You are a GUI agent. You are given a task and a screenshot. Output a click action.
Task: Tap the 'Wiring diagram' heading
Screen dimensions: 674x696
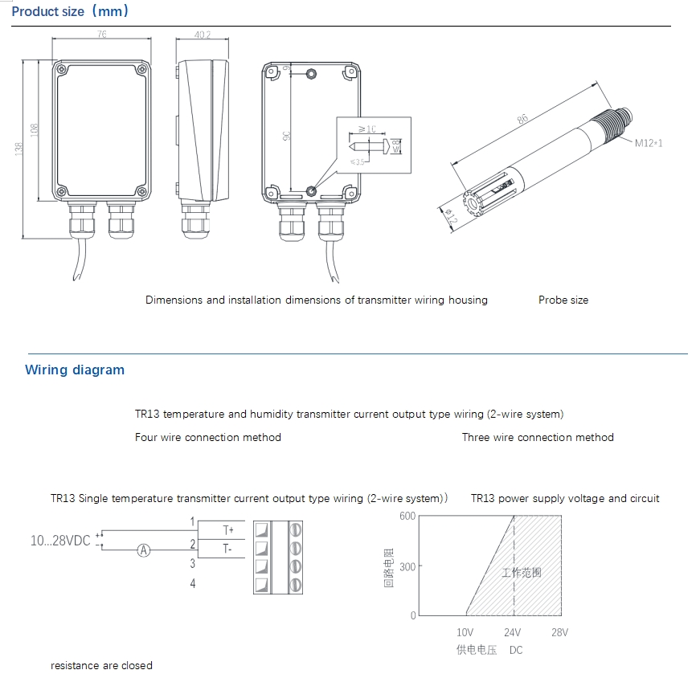click(75, 370)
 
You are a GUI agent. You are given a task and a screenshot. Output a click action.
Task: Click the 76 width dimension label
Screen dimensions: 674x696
click(102, 35)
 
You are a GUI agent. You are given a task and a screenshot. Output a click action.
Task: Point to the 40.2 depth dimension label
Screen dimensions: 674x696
click(203, 35)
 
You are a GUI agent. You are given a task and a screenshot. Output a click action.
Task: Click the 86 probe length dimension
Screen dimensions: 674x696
click(523, 120)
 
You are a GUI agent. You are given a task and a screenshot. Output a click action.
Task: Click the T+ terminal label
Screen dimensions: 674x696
click(227, 530)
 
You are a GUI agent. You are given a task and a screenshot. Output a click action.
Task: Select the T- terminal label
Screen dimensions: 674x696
click(227, 549)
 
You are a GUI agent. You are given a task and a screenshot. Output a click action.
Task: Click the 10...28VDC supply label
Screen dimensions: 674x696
click(60, 541)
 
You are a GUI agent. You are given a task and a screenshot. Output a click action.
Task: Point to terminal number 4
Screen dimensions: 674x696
click(193, 583)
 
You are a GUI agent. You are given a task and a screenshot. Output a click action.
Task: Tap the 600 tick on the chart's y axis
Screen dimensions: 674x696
click(407, 516)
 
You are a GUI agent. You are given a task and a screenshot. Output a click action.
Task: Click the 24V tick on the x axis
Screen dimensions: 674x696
click(512, 632)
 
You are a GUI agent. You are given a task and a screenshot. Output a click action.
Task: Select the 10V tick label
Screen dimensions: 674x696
click(465, 632)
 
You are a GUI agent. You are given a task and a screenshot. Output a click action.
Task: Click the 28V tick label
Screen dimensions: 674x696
click(559, 632)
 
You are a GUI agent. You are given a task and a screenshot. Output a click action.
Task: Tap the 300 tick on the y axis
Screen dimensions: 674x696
click(407, 566)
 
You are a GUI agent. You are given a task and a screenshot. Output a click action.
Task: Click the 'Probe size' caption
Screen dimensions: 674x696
click(563, 300)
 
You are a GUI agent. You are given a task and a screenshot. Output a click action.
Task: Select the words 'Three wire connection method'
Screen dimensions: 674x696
click(538, 438)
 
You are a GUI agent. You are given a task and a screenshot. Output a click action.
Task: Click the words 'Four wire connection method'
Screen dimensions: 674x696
click(208, 438)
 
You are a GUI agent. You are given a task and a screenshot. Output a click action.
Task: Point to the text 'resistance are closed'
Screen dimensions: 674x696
click(101, 666)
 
